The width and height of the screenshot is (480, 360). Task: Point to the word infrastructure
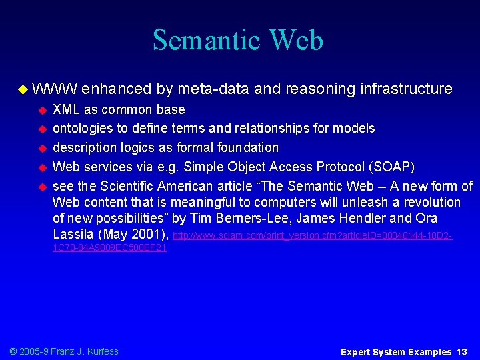coord(406,89)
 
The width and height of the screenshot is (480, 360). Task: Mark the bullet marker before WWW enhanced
coord(23,89)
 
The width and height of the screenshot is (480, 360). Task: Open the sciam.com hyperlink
coord(313,235)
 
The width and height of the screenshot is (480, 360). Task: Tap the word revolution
coord(429,202)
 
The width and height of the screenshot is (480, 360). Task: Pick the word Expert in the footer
coord(359,351)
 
